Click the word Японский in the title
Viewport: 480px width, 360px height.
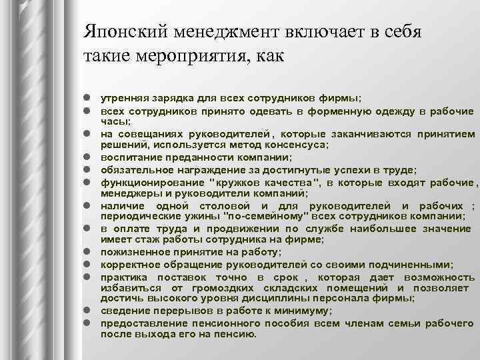121,31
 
